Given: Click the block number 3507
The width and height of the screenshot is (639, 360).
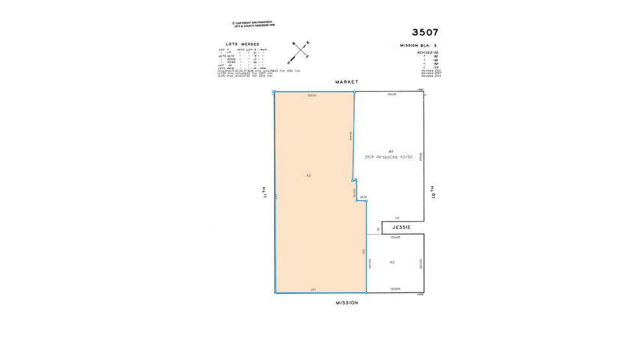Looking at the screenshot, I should pos(425,32).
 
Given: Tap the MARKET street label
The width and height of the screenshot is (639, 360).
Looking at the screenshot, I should pos(347,83).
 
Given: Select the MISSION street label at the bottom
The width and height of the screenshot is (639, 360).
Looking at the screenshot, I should pos(347,302).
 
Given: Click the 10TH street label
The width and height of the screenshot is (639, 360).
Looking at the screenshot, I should pos(432,192).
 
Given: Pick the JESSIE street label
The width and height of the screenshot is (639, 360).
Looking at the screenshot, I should pos(401,227).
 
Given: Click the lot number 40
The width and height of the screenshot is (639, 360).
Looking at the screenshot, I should pos(308,175).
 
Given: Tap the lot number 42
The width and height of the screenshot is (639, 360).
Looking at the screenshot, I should pos(392,262).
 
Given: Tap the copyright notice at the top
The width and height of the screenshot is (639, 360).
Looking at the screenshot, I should pos(254,25).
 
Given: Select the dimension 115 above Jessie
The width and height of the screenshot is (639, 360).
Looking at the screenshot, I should pos(397,218).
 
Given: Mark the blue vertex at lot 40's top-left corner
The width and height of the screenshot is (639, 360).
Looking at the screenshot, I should pos(275,92).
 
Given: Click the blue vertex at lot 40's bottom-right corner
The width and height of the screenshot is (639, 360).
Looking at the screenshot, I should pos(366,292).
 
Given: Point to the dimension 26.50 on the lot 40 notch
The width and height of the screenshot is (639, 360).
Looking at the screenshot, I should pos(364,197).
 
